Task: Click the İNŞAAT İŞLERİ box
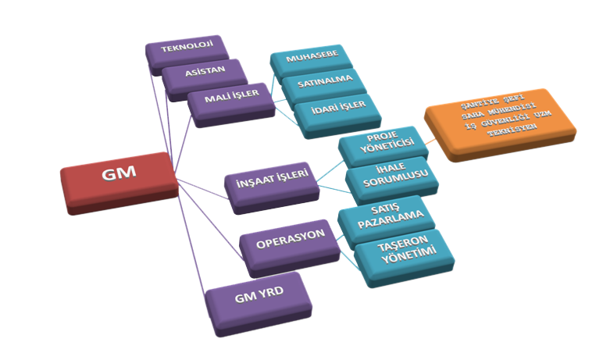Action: [x=270, y=183]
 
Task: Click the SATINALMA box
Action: [x=321, y=83]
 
